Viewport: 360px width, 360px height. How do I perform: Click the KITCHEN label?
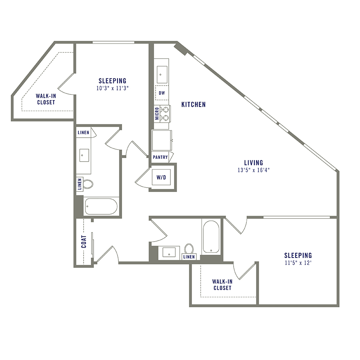coord(194,104)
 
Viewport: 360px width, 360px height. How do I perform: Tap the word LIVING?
coord(254,163)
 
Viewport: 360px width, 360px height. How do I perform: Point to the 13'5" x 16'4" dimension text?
coord(254,170)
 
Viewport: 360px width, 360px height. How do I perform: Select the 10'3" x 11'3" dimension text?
coord(112,88)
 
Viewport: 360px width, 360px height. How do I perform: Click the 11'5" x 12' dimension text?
coord(298,263)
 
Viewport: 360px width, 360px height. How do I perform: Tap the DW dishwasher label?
coord(162,93)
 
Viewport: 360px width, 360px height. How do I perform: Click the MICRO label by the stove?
coord(157,113)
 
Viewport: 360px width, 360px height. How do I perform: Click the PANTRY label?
coord(160,157)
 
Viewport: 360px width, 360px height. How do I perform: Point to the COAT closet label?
coord(84,242)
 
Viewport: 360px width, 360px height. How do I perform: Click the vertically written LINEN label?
coord(79,184)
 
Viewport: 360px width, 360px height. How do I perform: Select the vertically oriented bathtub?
coord(210,236)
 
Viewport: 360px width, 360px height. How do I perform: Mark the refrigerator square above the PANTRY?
coord(162,140)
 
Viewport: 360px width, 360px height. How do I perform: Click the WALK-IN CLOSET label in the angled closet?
coord(45,99)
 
